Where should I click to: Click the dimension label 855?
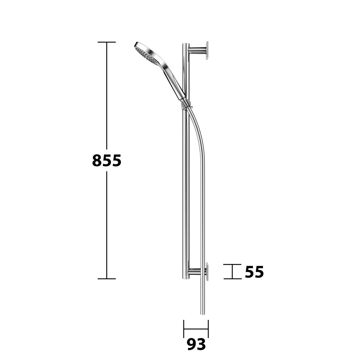coord(107,160)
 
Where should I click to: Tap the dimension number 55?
coord(254,272)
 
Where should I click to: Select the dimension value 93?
coord(196,344)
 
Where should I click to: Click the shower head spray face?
coord(146,54)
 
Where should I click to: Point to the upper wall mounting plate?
coord(207,51)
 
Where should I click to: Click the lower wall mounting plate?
coord(207,272)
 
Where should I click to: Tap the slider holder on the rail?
coord(187,104)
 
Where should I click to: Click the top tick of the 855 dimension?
coord(107,42)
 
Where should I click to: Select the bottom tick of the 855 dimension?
coord(107,279)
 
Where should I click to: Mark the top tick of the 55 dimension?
coord(232,264)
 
